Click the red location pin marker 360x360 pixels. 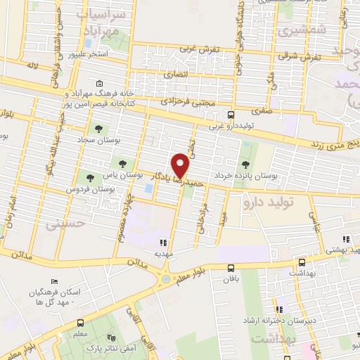[x=181, y=165]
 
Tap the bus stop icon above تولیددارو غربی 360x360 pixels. [x=231, y=115]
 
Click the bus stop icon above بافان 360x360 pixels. [x=231, y=267]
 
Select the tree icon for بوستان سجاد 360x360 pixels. [x=98, y=129]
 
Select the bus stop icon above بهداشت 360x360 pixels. [x=302, y=261]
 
